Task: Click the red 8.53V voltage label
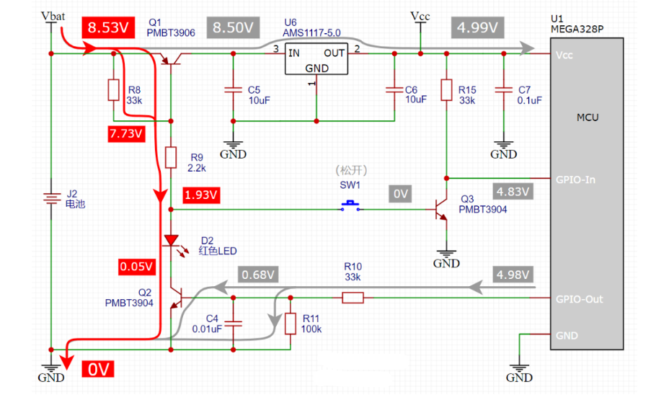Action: (x=108, y=27)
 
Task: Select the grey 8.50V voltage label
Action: (x=232, y=27)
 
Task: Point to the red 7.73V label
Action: (x=127, y=133)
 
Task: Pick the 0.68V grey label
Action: (x=259, y=275)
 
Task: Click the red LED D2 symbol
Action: (x=171, y=241)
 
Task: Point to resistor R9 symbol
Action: (x=171, y=157)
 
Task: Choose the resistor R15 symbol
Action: (x=447, y=90)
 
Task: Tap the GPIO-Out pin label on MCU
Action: (x=578, y=298)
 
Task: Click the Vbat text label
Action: (x=50, y=15)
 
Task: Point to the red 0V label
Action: (x=99, y=370)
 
